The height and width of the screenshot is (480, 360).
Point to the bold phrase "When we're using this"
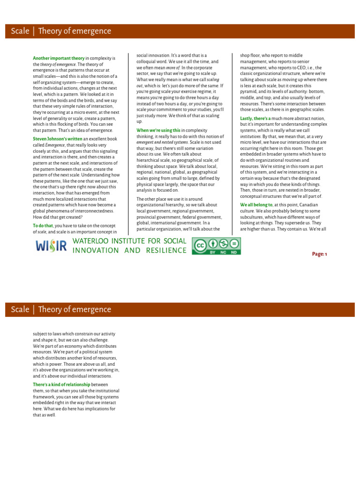click(158, 130)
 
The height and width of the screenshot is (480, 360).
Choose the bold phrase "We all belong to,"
click(256, 205)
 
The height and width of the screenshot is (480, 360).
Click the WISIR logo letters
click(52, 246)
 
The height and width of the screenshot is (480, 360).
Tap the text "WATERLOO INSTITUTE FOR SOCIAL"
click(129, 241)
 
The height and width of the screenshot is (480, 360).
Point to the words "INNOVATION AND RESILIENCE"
click(129, 250)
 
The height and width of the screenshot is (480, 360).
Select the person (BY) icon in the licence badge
click(213, 244)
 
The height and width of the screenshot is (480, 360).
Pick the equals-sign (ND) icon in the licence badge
click(234, 244)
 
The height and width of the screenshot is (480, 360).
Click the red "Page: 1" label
click(319, 254)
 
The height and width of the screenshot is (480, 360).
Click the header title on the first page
click(61, 31)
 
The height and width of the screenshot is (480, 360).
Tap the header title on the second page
click(61, 310)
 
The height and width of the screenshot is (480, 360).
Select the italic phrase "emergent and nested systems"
click(162, 142)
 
